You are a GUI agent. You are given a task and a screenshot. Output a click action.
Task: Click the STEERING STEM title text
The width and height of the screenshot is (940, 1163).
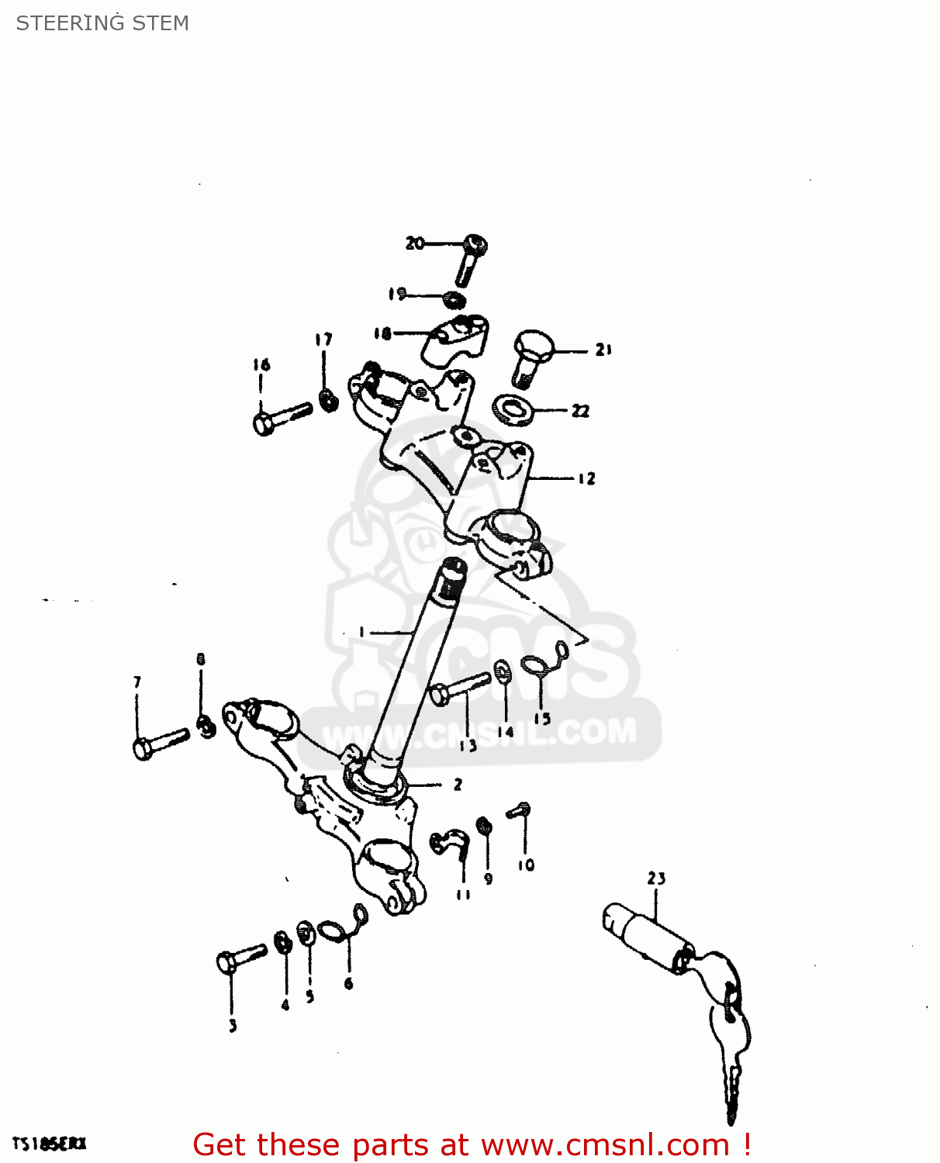102,23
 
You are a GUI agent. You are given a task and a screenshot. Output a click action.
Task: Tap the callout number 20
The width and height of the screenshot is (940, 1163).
415,243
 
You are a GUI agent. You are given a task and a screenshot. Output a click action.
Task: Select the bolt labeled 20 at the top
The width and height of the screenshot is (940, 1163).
471,259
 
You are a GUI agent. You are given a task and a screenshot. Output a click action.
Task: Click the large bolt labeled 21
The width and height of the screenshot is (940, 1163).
530,357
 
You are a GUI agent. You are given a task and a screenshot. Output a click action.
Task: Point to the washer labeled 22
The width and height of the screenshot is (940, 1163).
513,409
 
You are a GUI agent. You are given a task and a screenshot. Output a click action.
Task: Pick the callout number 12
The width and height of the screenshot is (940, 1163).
586,478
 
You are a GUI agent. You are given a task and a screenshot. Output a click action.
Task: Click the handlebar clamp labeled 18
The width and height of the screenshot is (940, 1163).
455,340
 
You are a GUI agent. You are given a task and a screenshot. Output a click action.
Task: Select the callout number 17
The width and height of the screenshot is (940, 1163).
323,340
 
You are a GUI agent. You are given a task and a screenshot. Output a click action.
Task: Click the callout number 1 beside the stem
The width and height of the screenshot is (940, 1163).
361,632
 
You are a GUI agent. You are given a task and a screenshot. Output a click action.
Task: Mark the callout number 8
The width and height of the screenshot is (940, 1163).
201,660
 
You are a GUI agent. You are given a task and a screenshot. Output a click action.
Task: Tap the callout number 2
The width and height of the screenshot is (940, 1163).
458,785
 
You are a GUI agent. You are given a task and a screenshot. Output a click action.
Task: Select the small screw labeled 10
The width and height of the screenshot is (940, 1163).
519,811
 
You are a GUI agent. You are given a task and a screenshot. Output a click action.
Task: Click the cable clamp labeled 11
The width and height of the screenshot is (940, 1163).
451,843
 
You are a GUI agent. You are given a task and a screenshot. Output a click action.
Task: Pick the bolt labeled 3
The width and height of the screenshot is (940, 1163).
240,958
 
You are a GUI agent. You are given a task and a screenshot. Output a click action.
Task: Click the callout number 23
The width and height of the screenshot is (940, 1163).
656,878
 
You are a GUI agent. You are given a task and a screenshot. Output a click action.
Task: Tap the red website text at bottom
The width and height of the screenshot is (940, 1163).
472,1144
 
